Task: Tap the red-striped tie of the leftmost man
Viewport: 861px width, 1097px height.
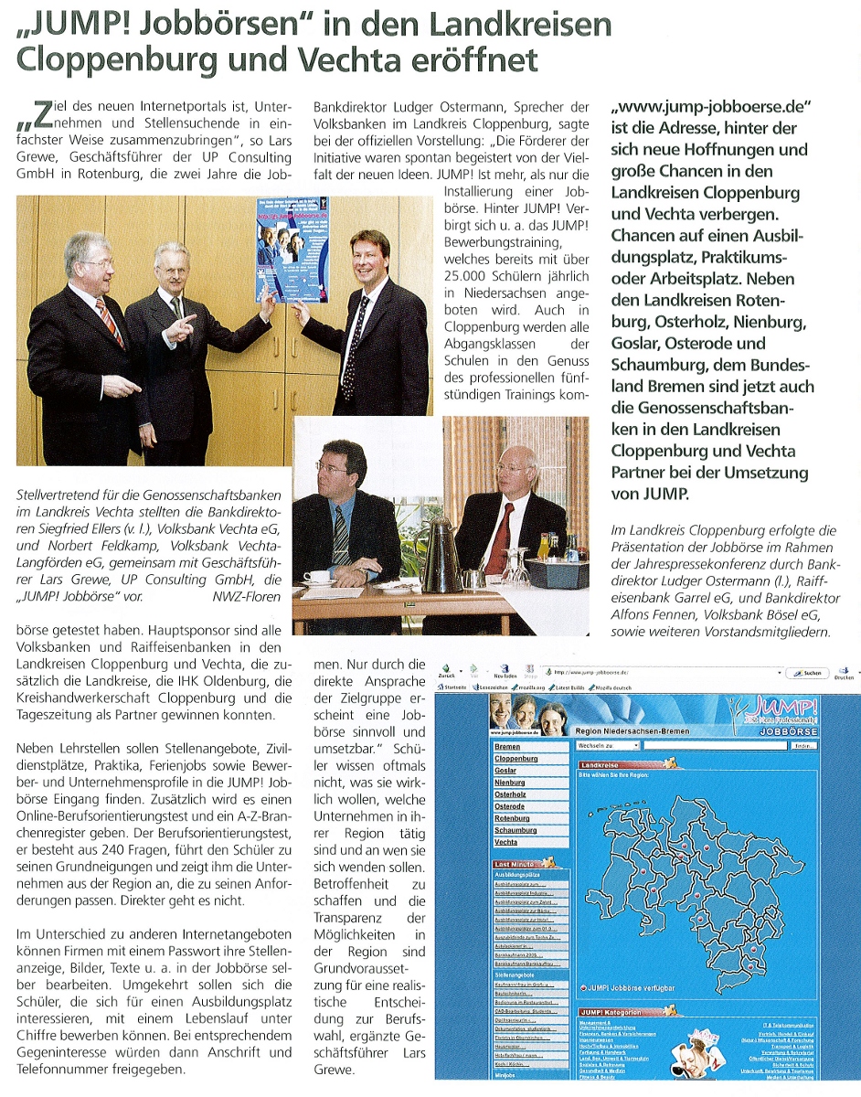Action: tap(109, 321)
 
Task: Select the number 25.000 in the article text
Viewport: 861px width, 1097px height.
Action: tap(468, 275)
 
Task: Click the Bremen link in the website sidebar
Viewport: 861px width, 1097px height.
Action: tap(507, 747)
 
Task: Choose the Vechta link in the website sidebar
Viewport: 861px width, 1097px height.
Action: tap(506, 842)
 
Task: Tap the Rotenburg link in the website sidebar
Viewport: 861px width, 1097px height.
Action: tap(512, 818)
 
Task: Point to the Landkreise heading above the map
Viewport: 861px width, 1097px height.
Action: tap(600, 764)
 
